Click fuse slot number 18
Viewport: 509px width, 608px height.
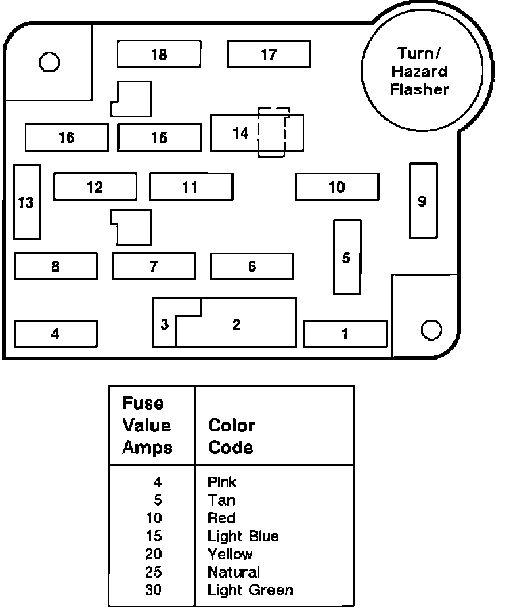159,54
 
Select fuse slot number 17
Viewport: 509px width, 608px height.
269,54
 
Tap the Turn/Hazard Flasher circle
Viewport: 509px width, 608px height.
423,72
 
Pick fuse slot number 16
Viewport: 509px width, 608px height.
66,137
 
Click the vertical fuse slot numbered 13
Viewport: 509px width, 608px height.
26,202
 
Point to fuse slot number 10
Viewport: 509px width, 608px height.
336,187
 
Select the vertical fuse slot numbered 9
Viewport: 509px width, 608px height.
422,200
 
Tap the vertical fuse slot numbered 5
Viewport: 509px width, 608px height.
347,257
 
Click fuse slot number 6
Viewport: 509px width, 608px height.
252,266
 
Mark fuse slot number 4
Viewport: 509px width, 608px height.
56,333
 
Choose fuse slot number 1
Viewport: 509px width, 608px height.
345,333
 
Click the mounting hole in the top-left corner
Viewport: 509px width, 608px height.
49,63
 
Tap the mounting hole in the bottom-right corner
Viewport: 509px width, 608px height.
431,330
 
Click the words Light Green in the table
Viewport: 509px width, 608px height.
250,590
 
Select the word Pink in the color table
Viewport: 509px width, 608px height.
222,483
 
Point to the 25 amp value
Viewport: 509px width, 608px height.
154,572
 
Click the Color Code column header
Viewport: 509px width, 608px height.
231,437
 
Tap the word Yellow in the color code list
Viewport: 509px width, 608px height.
230,554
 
